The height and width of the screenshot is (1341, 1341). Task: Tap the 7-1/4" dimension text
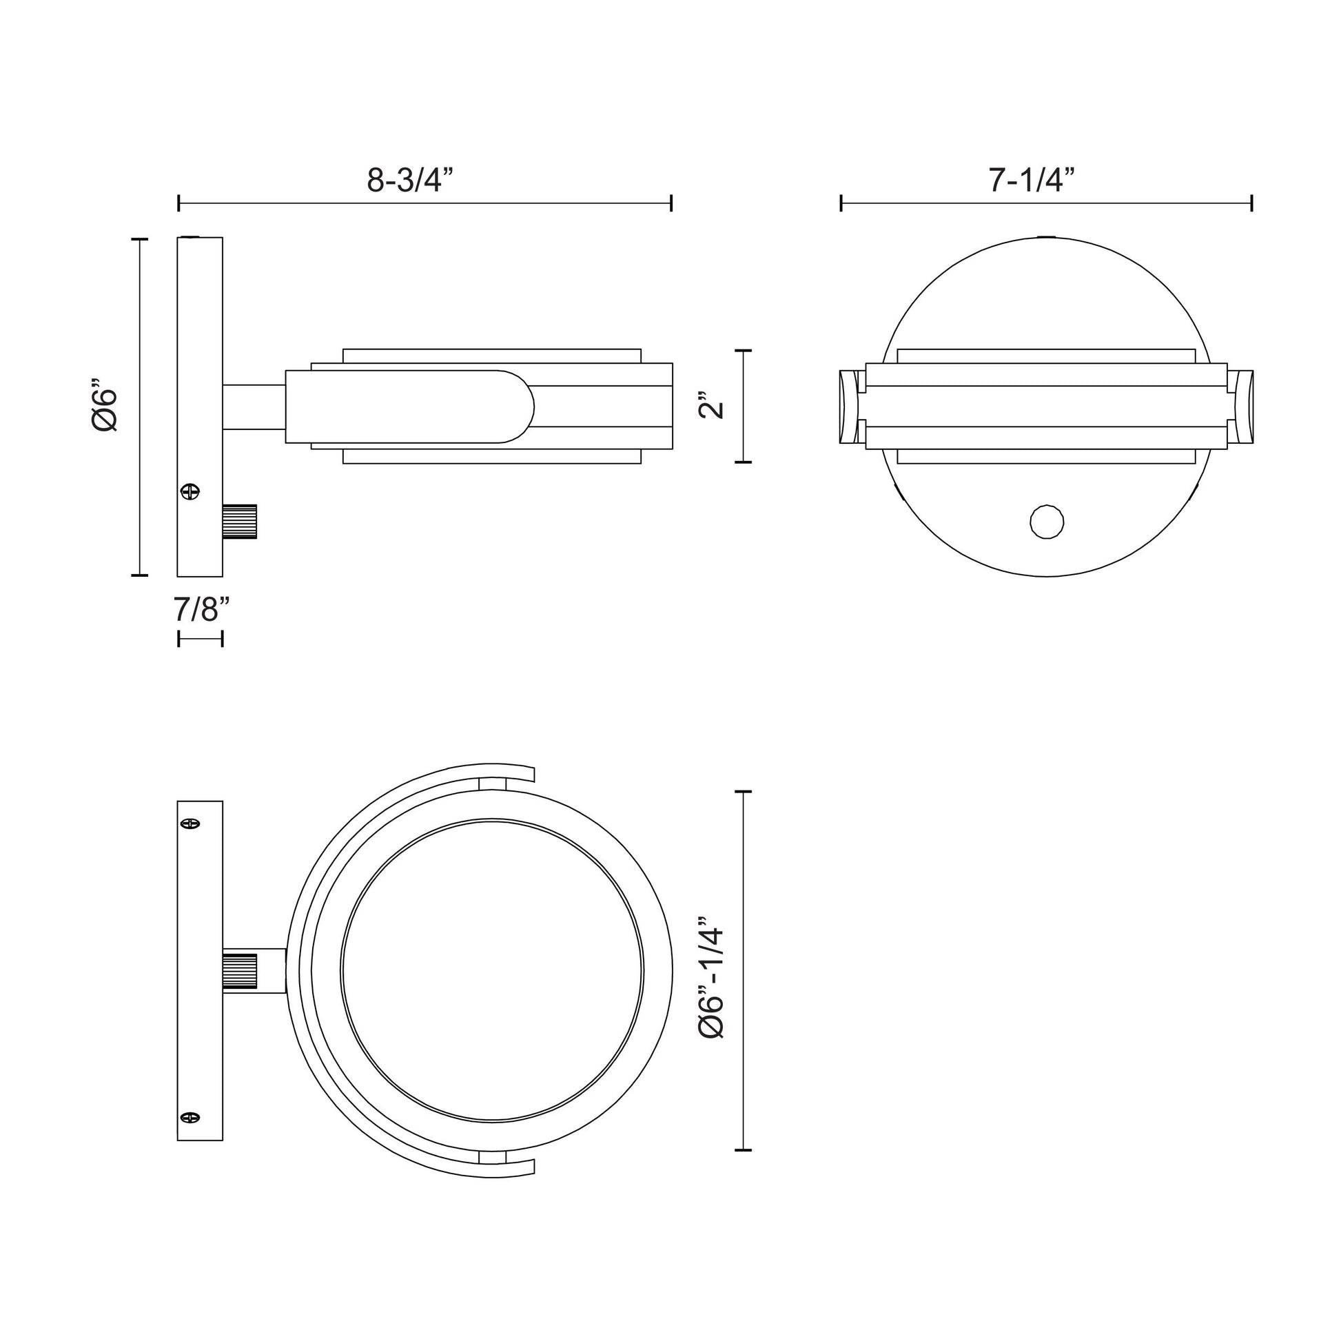click(x=1032, y=181)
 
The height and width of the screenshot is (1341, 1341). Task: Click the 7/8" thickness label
click(x=201, y=609)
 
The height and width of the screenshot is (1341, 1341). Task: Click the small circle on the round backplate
click(x=1047, y=522)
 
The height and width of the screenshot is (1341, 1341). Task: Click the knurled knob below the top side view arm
click(x=240, y=521)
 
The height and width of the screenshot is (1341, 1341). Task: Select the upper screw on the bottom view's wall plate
click(x=190, y=824)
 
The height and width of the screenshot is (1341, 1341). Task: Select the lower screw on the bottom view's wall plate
click(x=190, y=1118)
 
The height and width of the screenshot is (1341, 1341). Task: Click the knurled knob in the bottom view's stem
click(x=240, y=971)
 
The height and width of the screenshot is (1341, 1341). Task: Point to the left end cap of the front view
click(x=849, y=407)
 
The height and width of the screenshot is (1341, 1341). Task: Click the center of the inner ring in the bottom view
click(x=492, y=971)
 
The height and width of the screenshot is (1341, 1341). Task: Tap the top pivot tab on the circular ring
click(x=493, y=783)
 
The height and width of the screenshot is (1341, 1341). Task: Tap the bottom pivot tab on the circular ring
click(x=493, y=1158)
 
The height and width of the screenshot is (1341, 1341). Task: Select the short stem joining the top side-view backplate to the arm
click(x=254, y=407)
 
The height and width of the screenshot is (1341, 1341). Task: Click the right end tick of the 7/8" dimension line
click(x=222, y=639)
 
